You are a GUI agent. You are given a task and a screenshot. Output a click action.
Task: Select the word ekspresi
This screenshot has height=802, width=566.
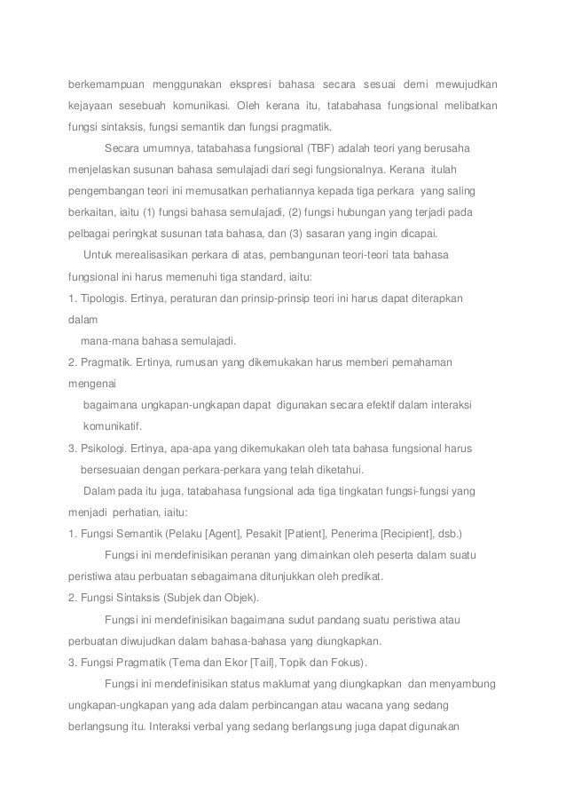253,85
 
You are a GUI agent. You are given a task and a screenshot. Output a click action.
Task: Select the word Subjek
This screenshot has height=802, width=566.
193,598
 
